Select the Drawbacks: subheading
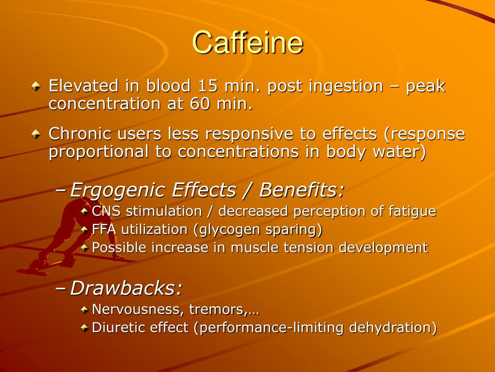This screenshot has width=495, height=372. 126,289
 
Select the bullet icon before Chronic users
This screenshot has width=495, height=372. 36,134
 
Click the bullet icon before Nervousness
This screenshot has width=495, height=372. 85,309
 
